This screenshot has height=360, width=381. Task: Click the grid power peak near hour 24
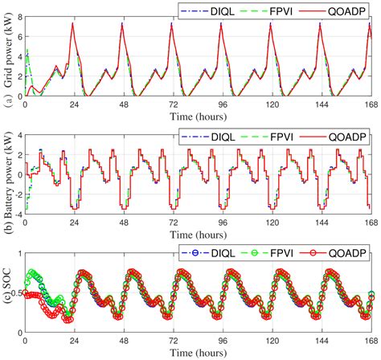[73, 23]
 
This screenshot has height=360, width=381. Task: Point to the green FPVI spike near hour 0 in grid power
[28, 51]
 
